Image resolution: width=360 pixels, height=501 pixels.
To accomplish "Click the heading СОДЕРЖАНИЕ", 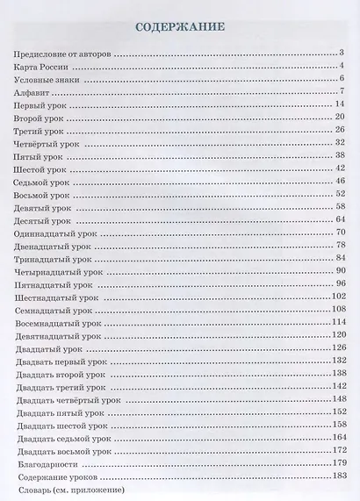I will [180, 27].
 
